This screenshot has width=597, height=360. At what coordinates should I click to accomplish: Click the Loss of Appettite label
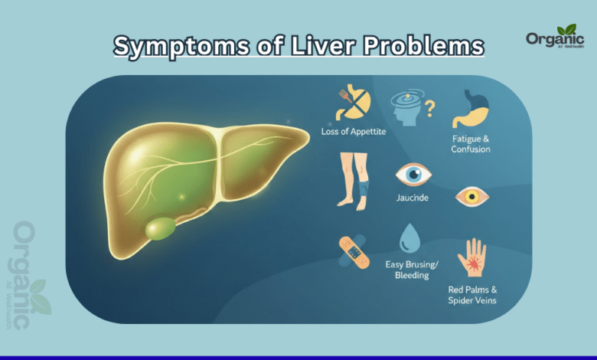(354, 132)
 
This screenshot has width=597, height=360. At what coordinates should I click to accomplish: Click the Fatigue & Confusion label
(470, 144)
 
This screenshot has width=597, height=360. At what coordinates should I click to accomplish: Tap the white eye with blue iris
(413, 175)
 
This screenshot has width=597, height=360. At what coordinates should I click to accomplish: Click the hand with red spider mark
(471, 258)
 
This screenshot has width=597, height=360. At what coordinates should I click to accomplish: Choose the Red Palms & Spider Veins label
(471, 295)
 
